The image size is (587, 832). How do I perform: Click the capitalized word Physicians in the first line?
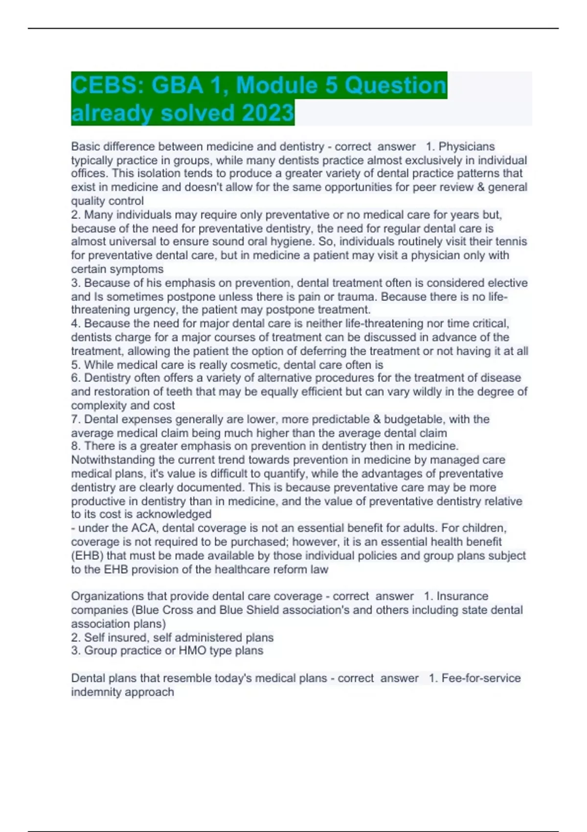467,146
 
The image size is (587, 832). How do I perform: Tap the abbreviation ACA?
143,528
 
